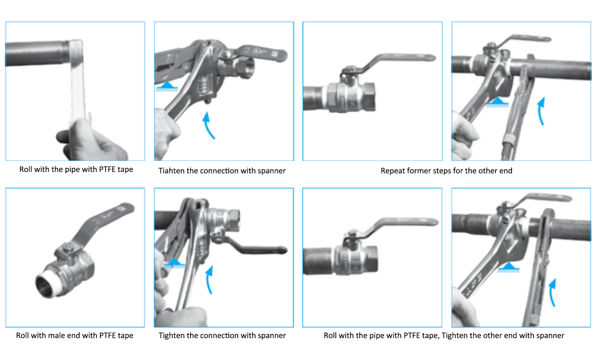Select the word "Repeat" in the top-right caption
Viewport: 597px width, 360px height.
[x=393, y=171]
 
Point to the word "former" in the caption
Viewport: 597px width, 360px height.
[x=420, y=171]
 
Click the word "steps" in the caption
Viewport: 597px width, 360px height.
[x=445, y=171]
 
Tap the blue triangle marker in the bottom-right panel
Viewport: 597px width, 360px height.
[x=509, y=268]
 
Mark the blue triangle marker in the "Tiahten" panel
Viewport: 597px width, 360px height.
[x=165, y=86]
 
